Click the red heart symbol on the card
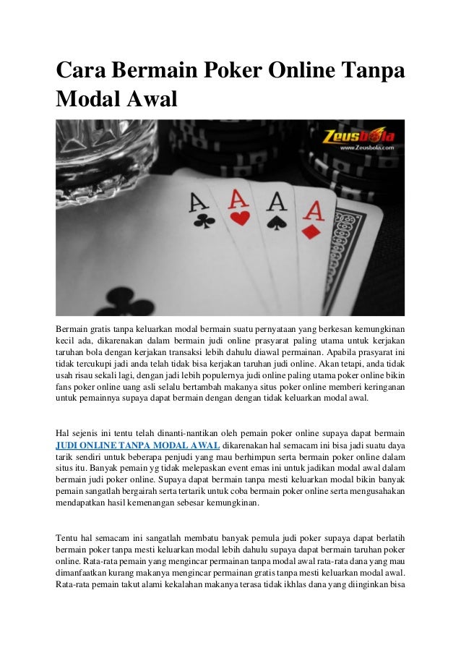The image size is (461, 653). (x=239, y=217)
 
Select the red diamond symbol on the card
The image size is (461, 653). (x=310, y=231)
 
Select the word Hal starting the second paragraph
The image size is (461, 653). (x=64, y=432)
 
